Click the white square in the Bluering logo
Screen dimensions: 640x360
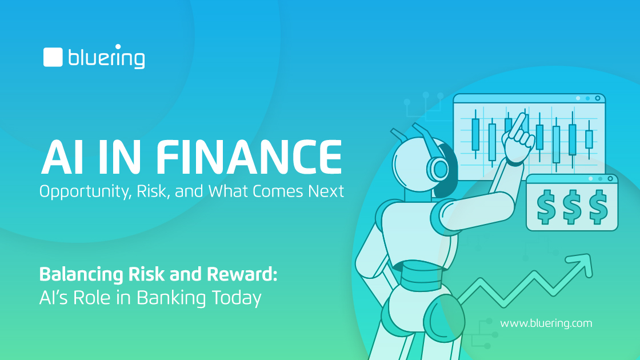[x=53, y=57]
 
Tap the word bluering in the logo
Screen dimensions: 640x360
[x=106, y=57]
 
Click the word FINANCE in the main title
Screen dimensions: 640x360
[x=249, y=157]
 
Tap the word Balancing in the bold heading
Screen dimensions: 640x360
[x=81, y=275]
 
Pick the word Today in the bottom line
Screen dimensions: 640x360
[x=237, y=298]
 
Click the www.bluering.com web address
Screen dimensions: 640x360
[x=546, y=323]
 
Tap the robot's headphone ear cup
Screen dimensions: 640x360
[x=439, y=169]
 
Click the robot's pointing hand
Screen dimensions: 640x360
[x=518, y=140]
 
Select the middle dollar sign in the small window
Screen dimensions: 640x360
[x=572, y=207]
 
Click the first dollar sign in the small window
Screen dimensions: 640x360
[x=546, y=207]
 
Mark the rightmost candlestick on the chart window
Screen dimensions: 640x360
[x=589, y=139]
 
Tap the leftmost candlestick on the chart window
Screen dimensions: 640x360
[x=475, y=134]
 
